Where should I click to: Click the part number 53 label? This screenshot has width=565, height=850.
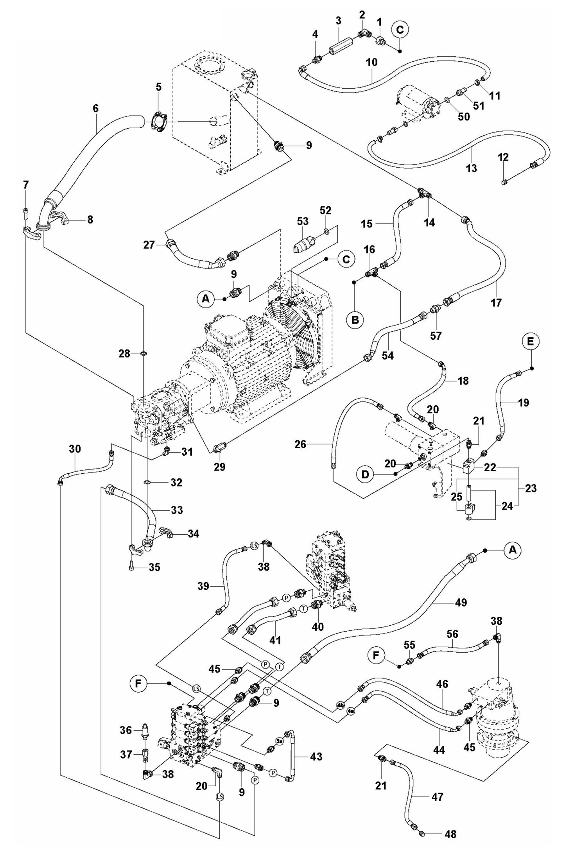click(303, 221)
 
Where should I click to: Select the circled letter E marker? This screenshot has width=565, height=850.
click(530, 341)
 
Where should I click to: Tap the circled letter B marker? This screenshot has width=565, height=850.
click(355, 320)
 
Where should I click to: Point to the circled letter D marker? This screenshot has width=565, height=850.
click(365, 474)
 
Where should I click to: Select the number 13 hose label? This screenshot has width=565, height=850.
click(472, 168)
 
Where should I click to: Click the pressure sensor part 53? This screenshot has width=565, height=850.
click(306, 246)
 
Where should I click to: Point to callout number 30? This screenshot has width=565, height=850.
click(75, 449)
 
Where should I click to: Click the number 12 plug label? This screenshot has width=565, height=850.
click(503, 157)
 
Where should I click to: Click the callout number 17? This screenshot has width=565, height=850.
click(496, 302)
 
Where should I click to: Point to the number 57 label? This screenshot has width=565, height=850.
click(436, 335)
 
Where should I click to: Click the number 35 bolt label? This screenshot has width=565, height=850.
click(154, 567)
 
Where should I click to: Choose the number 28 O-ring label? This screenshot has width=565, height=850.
click(125, 354)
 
